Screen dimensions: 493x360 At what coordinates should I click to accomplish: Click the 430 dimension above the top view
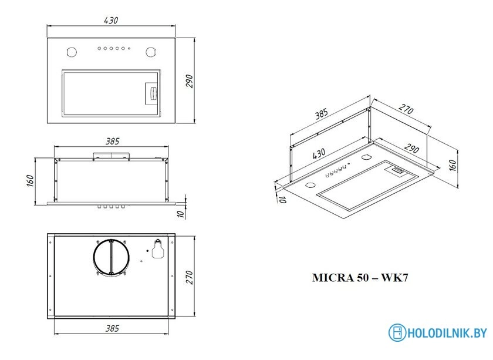[x=111, y=21]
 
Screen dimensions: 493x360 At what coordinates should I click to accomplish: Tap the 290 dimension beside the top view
[x=189, y=81]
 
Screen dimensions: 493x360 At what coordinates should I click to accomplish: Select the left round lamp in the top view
[x=72, y=52]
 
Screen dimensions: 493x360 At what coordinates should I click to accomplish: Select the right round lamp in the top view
[x=151, y=52]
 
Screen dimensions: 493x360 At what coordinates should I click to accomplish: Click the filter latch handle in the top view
[x=153, y=93]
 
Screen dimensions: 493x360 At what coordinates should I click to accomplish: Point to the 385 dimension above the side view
[x=112, y=142]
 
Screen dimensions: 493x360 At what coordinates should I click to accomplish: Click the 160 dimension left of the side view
[x=31, y=181]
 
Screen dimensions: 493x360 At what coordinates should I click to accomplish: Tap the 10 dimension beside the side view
[x=181, y=214]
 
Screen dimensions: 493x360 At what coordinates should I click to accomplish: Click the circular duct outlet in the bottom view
[x=111, y=257]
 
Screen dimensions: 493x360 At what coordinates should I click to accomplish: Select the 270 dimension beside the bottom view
[x=189, y=277]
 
